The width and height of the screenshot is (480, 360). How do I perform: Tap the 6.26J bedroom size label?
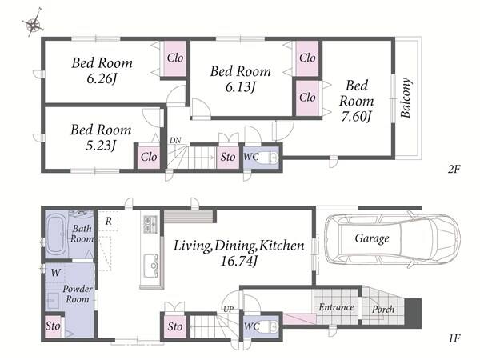[x=102, y=79]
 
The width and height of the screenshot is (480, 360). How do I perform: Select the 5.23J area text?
[x=101, y=145]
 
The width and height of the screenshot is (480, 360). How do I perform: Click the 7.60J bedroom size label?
[x=356, y=116]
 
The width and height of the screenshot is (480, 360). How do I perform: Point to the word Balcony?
[x=406, y=98]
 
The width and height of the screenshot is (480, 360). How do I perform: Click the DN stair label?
[x=175, y=141]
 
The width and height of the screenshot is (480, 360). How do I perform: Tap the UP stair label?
[x=228, y=310]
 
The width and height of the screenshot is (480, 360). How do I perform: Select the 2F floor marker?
[x=454, y=169]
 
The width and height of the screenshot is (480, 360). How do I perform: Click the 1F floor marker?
[x=454, y=338]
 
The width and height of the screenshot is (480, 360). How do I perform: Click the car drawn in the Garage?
[x=393, y=238]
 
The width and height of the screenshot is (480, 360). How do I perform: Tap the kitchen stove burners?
[x=150, y=224]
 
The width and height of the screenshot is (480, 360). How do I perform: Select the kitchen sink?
[x=151, y=266]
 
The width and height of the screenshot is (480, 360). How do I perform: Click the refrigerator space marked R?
[x=108, y=221]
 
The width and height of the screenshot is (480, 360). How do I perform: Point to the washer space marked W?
[x=56, y=273]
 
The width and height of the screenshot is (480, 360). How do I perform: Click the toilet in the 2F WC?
[x=271, y=158]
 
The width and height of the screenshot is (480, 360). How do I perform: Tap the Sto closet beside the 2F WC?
[x=228, y=158]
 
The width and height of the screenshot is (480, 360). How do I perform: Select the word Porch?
[x=383, y=310]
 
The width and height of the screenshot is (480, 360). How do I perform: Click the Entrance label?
[x=337, y=307]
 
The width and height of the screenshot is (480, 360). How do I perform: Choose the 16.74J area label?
[x=238, y=261]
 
